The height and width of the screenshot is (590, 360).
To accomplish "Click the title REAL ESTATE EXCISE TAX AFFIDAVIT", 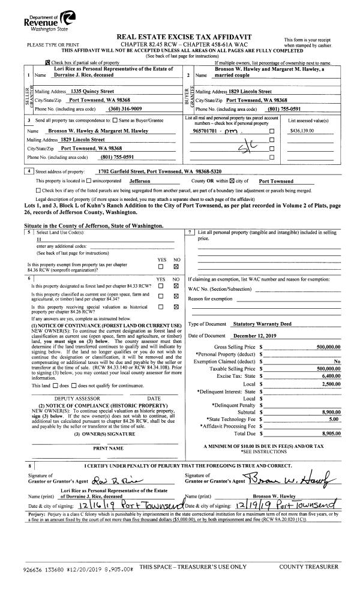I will (181, 36).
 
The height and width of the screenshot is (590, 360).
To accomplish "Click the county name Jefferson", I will (140, 180).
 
